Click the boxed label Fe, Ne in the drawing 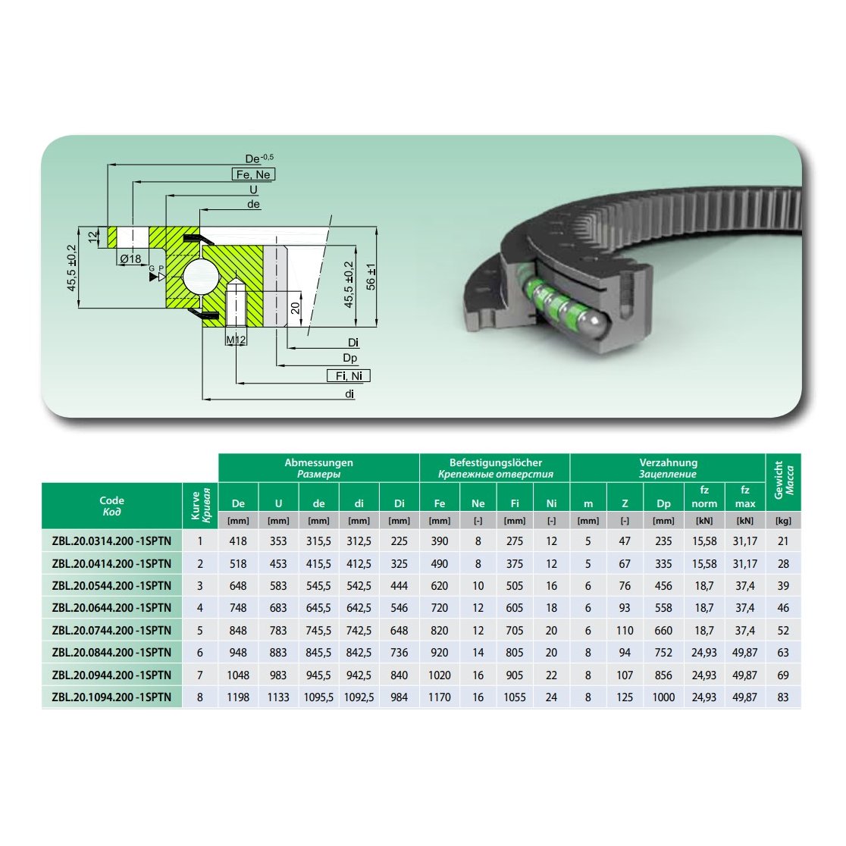[x=253, y=174]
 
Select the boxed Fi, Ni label [x=349, y=375]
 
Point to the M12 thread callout [x=236, y=340]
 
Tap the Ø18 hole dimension [x=130, y=259]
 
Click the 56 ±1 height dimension [x=371, y=276]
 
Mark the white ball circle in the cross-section [x=201, y=276]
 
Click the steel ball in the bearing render [x=592, y=327]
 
